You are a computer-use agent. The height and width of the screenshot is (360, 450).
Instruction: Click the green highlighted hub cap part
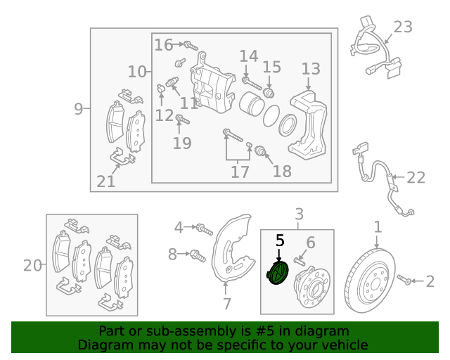[x=278, y=273]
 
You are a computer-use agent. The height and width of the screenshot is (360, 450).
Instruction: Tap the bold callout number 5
[x=280, y=240]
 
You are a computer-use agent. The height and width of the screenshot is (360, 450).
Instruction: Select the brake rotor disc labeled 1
[x=370, y=281]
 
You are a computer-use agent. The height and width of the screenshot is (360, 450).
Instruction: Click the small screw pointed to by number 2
[x=405, y=280]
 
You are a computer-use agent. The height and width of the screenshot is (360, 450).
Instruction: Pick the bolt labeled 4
[x=205, y=229]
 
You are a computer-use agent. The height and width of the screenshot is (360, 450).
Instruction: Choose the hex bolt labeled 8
[x=198, y=255]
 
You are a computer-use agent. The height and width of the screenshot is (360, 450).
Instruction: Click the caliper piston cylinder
[x=251, y=104]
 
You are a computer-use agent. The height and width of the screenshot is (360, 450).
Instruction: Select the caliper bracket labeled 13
[x=308, y=124]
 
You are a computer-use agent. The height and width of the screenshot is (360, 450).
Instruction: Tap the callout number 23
[x=403, y=27]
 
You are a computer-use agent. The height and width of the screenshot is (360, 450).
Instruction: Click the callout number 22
[x=416, y=177]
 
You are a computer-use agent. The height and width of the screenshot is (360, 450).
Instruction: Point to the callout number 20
[x=32, y=266]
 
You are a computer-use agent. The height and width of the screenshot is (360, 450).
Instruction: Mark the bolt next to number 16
[x=191, y=46]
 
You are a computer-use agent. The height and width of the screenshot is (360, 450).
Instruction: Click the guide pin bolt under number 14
[x=252, y=83]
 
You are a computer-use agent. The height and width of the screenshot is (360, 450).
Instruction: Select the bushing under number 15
[x=269, y=93]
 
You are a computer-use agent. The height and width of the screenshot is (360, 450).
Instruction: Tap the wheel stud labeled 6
[x=299, y=262]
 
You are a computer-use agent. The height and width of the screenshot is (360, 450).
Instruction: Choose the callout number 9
[x=78, y=109]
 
